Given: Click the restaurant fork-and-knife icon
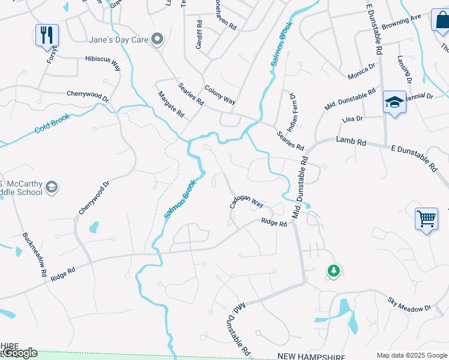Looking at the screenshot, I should (47, 35).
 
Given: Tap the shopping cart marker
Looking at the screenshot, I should (426, 219).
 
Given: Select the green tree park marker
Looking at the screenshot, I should (333, 271).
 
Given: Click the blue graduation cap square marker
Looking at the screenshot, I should (394, 103).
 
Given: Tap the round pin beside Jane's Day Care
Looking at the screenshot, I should (157, 40).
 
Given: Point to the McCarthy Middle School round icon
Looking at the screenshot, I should (52, 187).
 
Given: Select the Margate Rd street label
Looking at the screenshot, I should (170, 104).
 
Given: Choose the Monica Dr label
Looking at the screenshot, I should (362, 73).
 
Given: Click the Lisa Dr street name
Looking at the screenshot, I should (352, 119).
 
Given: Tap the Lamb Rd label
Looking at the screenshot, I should (351, 140).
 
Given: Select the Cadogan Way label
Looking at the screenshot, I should (247, 202).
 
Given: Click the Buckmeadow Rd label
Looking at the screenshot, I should (35, 254).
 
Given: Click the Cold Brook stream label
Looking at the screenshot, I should (52, 123).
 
